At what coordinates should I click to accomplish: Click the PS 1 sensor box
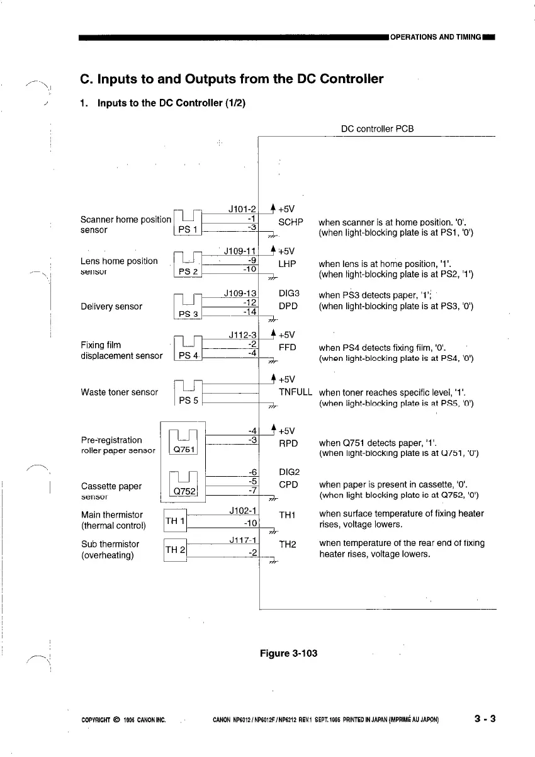[x=186, y=224]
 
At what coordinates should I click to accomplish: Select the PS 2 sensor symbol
[x=187, y=266]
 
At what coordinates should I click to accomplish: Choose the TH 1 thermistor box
[x=174, y=521]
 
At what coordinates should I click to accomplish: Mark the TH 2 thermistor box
[x=174, y=549]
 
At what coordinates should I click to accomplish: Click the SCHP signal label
[x=291, y=222]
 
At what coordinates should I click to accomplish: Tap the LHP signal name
[x=287, y=264]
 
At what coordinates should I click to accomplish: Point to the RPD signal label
[x=288, y=443]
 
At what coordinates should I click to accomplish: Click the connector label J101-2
[x=242, y=209]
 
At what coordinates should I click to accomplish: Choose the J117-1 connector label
[x=242, y=540]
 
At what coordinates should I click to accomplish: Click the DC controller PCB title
[x=377, y=129]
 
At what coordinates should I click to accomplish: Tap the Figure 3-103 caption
[x=288, y=653]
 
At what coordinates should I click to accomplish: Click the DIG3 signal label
[x=289, y=294]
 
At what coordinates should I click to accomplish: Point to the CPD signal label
[x=288, y=485]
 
